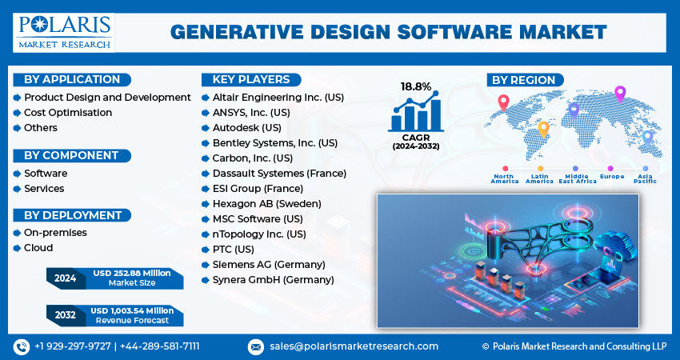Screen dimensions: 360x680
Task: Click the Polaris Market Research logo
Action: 64,30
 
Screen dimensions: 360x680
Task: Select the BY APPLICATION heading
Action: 72,79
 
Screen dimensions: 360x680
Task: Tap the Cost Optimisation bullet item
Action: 67,112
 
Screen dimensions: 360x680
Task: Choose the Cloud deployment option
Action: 38,248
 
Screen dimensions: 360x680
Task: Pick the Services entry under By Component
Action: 43,188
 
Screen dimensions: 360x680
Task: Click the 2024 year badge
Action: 65,278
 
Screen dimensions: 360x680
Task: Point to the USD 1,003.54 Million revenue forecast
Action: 132,310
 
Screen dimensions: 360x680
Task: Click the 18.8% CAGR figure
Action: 416,86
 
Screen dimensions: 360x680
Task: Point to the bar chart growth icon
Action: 415,113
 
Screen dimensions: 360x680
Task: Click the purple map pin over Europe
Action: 619,94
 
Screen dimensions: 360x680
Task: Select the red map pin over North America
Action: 503,103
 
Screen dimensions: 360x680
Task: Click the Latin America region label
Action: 539,178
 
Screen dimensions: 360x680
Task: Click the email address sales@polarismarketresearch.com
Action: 353,346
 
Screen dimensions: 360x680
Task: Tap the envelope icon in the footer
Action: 255,346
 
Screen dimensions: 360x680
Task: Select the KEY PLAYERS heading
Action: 250,79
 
